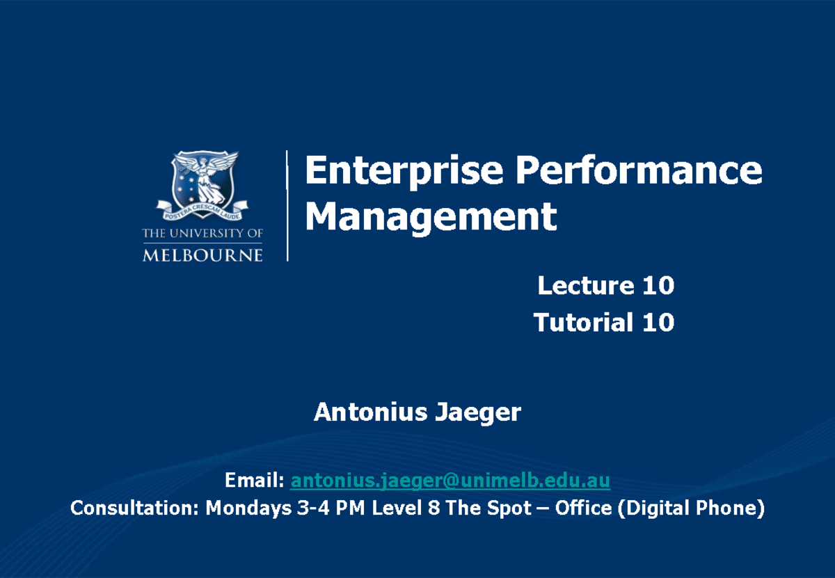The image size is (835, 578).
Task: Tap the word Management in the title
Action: pyautogui.click(x=431, y=216)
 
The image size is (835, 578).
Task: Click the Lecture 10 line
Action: pyautogui.click(x=605, y=285)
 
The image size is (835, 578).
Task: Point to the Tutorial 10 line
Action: pyautogui.click(x=603, y=322)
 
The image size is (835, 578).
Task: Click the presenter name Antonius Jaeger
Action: pyautogui.click(x=417, y=412)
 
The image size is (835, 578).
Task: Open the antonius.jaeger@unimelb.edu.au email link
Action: pyautogui.click(x=450, y=480)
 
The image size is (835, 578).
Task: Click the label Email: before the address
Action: pyautogui.click(x=254, y=480)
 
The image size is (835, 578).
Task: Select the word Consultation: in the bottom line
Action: pyautogui.click(x=135, y=508)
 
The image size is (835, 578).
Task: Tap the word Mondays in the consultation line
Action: pyautogui.click(x=248, y=508)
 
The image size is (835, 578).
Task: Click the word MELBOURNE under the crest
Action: pyautogui.click(x=202, y=255)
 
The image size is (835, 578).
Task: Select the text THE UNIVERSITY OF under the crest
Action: pyautogui.click(x=202, y=234)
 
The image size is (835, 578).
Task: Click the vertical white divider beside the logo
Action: pyautogui.click(x=287, y=205)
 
